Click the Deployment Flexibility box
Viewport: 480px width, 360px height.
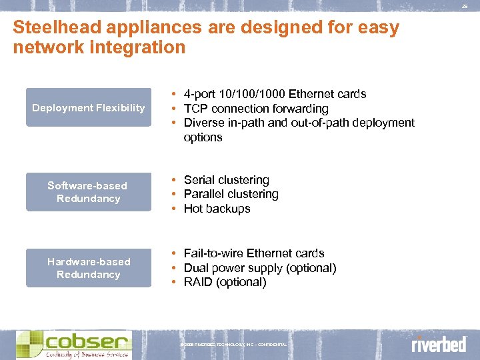pyautogui.click(x=89, y=107)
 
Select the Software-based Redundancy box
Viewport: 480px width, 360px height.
pyautogui.click(x=89, y=192)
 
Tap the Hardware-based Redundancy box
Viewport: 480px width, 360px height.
pyautogui.click(x=89, y=268)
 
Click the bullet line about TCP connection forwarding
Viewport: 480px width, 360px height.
pyautogui.click(x=256, y=109)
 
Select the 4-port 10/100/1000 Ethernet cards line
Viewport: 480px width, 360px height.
pyautogui.click(x=275, y=94)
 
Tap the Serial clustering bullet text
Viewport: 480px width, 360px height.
pyautogui.click(x=227, y=180)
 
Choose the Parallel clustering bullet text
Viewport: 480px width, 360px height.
pyautogui.click(x=231, y=194)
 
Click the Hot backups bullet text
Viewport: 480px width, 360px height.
pyautogui.click(x=217, y=209)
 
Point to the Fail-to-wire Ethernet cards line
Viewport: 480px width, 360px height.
pyautogui.click(x=254, y=253)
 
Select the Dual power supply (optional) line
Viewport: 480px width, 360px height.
pyautogui.click(x=260, y=268)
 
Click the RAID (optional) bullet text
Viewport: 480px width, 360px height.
pyautogui.click(x=225, y=282)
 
